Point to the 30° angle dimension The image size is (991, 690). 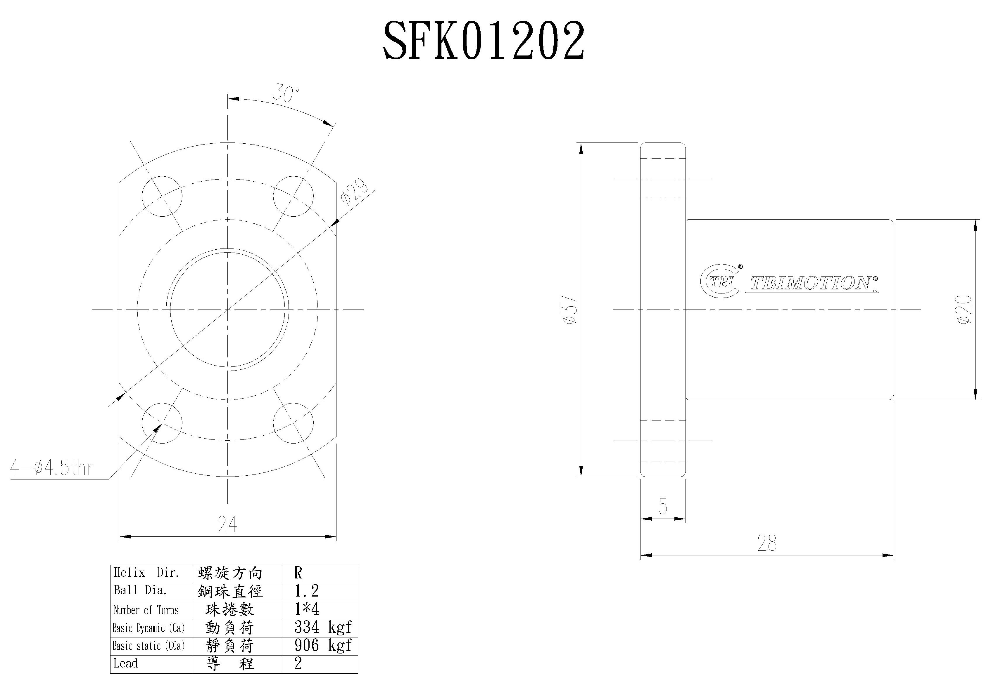285,94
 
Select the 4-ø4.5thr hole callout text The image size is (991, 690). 52,468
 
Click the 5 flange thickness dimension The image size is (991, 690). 663,506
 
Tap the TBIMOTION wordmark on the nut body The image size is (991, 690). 812,283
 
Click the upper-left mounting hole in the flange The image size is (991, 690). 162,196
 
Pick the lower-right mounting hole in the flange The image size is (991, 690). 293,423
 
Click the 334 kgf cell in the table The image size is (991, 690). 322,627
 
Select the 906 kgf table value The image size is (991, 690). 322,645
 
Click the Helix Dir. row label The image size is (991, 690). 146,573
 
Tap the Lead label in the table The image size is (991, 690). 126,663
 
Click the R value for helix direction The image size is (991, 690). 298,573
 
